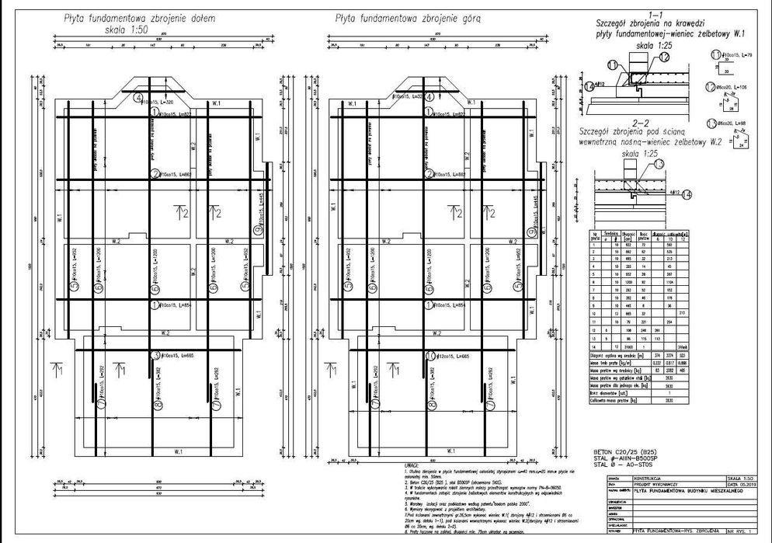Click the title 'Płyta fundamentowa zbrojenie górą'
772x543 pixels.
click(x=399, y=16)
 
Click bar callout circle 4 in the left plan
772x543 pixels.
click(x=138, y=99)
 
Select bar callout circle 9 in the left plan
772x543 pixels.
click(x=258, y=230)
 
